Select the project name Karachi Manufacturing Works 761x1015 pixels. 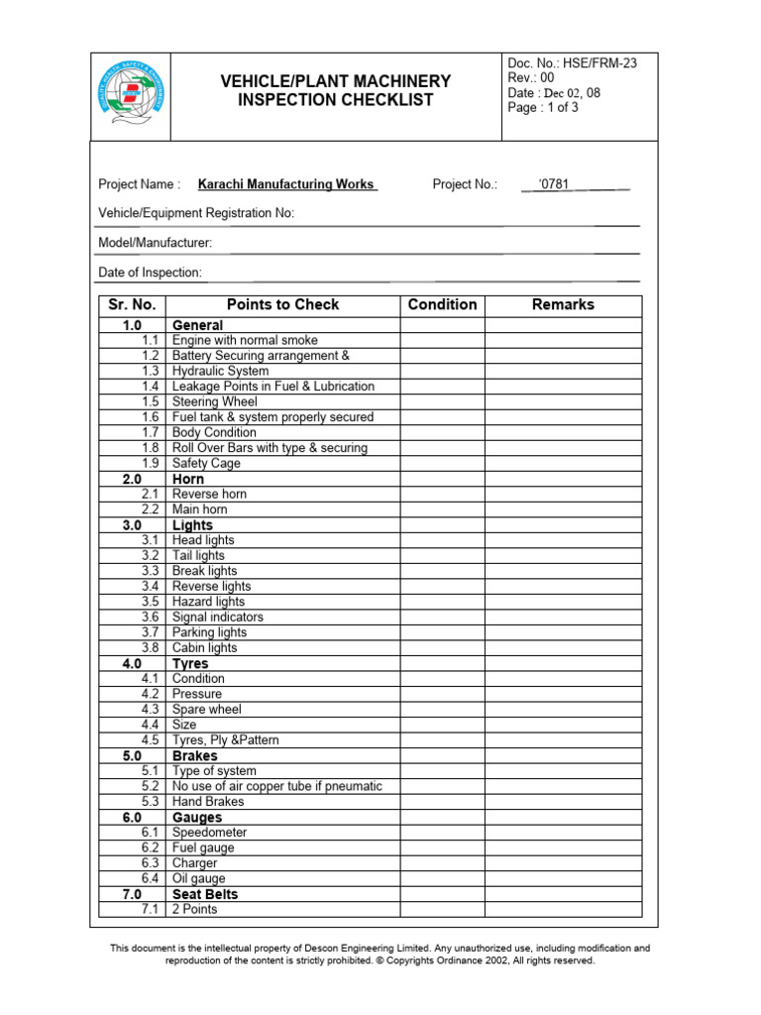pyautogui.click(x=286, y=184)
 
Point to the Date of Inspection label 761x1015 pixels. pyautogui.click(x=150, y=273)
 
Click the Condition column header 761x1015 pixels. pyautogui.click(x=442, y=305)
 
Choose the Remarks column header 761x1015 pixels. pyautogui.click(x=563, y=305)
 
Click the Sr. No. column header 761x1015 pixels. pyautogui.click(x=132, y=305)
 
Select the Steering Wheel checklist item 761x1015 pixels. pyautogui.click(x=214, y=401)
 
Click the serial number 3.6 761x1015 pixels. pyautogui.click(x=150, y=617)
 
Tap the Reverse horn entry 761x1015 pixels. pyautogui.click(x=209, y=494)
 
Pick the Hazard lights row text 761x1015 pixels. pyautogui.click(x=208, y=602)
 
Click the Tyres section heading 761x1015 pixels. pyautogui.click(x=190, y=663)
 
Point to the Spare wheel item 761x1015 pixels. pyautogui.click(x=206, y=710)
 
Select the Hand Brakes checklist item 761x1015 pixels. pyautogui.click(x=207, y=802)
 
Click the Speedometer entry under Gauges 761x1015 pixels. pyautogui.click(x=209, y=833)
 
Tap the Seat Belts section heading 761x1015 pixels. pyautogui.click(x=205, y=894)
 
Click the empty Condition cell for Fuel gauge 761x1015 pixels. pyautogui.click(x=442, y=848)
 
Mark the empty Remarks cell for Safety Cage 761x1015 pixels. pyautogui.click(x=563, y=463)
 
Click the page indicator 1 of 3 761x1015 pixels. pyautogui.click(x=543, y=108)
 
